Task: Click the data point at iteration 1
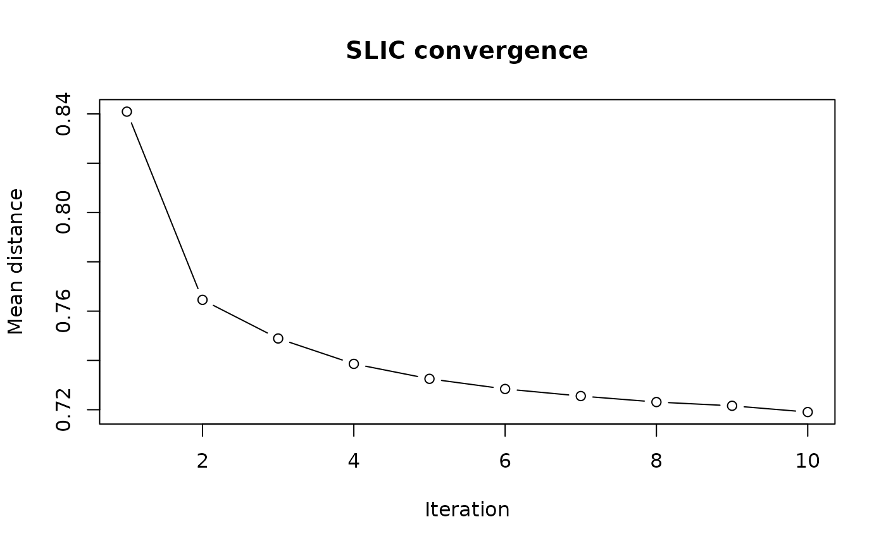127,111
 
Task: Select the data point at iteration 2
203,299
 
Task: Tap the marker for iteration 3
278,339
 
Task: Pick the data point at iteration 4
354,364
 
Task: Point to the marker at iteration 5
429,378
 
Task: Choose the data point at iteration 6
505,389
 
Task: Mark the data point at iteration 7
580,395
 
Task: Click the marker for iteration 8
656,402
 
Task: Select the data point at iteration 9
732,406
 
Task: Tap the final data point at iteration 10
808,412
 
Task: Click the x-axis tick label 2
203,461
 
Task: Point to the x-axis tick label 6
505,461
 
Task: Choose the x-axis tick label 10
808,461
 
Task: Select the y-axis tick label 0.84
63,114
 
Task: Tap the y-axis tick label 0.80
63,213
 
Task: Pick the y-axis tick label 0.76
63,311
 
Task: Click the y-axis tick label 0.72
63,410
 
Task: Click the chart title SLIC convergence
467,51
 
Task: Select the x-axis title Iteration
467,509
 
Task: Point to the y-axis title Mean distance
16,261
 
